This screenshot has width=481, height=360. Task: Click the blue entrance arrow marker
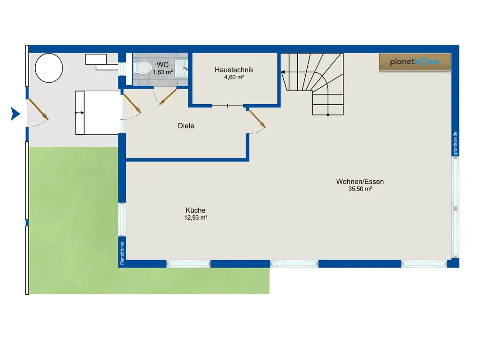pos(15,114)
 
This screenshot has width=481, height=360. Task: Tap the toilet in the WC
pos(143,68)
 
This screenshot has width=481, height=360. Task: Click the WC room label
pos(163,65)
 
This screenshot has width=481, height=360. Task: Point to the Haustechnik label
pos(234,70)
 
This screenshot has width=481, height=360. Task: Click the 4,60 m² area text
pos(234,77)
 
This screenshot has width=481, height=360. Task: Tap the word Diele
pos(186,126)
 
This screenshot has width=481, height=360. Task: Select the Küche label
pos(195,210)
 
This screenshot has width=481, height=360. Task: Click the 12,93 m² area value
pos(196,218)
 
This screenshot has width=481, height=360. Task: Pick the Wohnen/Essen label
pos(360,182)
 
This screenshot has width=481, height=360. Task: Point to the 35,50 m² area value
pos(360,189)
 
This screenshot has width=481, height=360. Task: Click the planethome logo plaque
pos(415,62)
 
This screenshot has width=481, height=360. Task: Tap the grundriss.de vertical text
pos(455,143)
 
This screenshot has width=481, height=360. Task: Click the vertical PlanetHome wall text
pos(122,253)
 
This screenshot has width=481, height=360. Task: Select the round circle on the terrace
pos(49,68)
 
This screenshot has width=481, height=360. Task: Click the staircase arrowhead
pos(283,72)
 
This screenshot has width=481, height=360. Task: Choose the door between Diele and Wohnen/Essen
pos(257,119)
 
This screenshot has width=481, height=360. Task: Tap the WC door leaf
pos(168,96)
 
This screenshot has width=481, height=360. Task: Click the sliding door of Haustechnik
pos(228,106)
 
